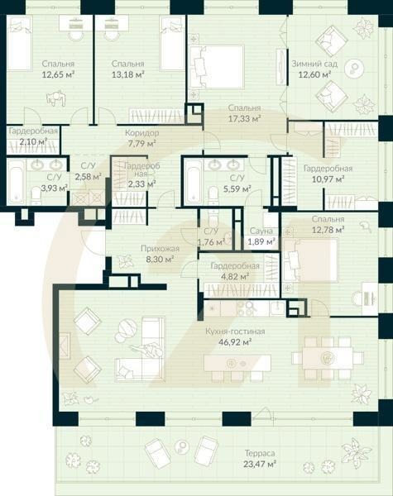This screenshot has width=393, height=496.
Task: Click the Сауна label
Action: tap(263, 231)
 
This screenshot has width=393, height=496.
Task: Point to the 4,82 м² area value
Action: tap(235, 277)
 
